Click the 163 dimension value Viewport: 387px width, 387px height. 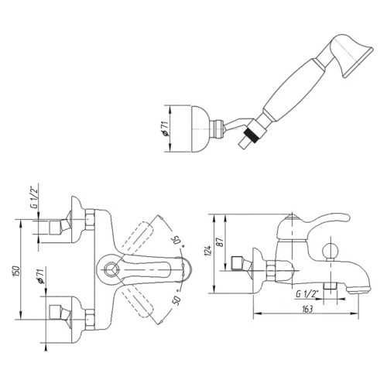coord(307,309)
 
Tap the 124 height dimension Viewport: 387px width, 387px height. coord(208,251)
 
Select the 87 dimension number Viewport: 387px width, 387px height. coord(221,242)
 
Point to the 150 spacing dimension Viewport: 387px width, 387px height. coord(15,271)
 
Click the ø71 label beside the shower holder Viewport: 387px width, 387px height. coord(166,128)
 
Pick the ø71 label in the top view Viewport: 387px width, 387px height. coord(41,276)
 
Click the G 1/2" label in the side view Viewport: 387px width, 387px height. coord(307,293)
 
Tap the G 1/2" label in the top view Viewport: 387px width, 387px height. coord(34,197)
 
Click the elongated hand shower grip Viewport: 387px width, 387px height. coord(293,91)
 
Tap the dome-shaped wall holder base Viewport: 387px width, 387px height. coord(200,128)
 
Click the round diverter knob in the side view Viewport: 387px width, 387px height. coord(330,250)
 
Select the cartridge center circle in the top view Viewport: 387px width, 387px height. coord(111,269)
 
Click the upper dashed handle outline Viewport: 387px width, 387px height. coord(138,238)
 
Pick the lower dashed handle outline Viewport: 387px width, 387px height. coord(138,301)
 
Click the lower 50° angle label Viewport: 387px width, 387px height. coord(177,299)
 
